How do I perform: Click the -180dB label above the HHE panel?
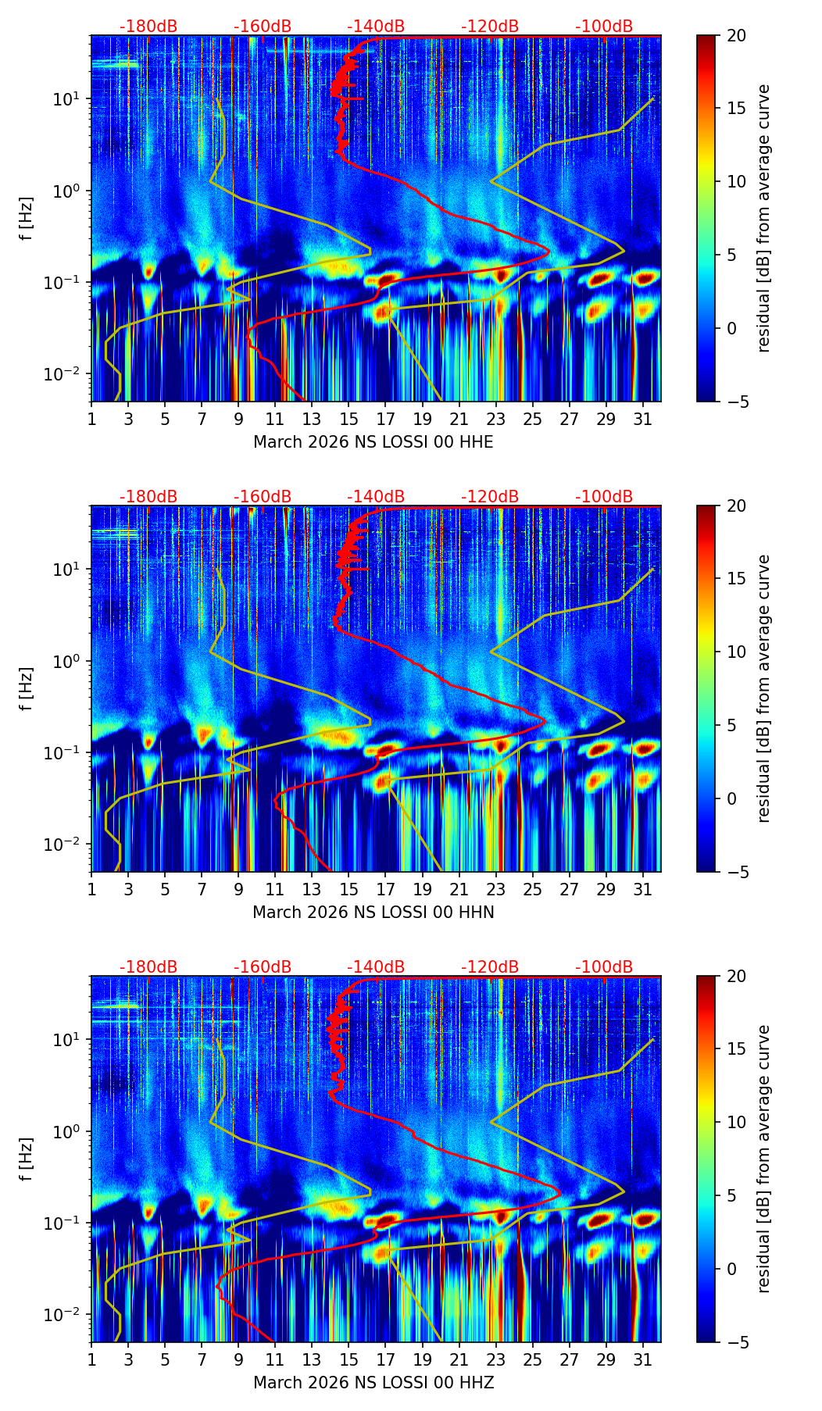coord(148,27)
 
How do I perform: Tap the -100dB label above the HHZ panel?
coord(604,967)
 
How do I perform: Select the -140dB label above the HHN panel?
coord(376,497)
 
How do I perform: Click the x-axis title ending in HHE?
coord(373,442)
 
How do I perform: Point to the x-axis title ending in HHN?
coord(373,913)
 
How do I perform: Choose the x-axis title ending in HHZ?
coord(373,1383)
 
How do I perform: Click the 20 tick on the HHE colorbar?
coord(737,35)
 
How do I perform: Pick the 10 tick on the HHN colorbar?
coord(737,652)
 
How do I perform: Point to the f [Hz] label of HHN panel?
coord(27,688)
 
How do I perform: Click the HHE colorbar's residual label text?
coord(764,218)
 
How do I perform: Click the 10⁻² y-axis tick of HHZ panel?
coord(67,1315)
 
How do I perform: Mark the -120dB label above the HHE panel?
coord(490,27)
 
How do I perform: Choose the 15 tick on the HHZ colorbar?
coord(737,1048)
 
